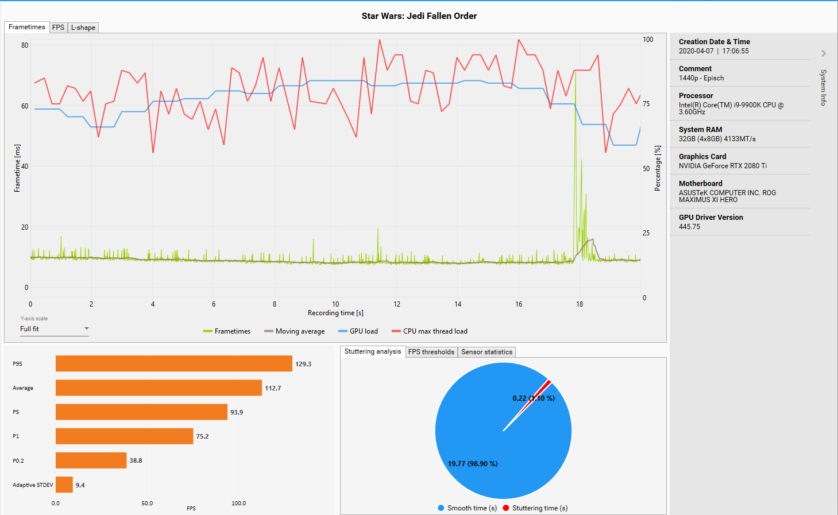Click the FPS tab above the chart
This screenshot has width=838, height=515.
(58, 28)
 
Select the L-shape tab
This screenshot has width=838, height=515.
(83, 28)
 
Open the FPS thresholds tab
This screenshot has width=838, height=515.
(431, 352)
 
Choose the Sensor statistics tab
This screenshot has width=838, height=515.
(486, 352)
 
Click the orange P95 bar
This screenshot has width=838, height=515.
(173, 363)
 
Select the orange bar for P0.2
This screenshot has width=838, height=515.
(91, 460)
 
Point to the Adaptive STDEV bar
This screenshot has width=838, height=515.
(64, 485)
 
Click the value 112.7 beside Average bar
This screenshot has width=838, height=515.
(273, 388)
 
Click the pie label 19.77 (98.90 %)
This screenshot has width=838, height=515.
(473, 464)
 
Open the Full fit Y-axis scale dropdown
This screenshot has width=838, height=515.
(54, 329)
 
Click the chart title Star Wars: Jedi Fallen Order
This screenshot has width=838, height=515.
(419, 16)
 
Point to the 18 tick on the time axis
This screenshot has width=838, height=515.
(580, 304)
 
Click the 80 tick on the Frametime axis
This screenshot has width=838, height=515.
(25, 45)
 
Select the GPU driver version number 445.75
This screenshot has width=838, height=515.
(689, 227)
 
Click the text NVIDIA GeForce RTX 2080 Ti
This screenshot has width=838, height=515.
(723, 166)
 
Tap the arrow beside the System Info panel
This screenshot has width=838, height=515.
(824, 53)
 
